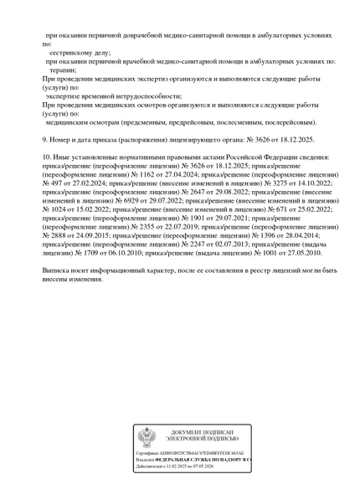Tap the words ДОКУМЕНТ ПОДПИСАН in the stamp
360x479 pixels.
tap(202, 431)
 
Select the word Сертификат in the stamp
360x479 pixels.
tap(148, 452)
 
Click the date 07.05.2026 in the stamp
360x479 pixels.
tap(202, 467)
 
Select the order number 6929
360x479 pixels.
tap(90, 201)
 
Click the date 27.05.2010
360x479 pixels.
tap(321, 252)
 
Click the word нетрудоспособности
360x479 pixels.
tap(152, 95)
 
